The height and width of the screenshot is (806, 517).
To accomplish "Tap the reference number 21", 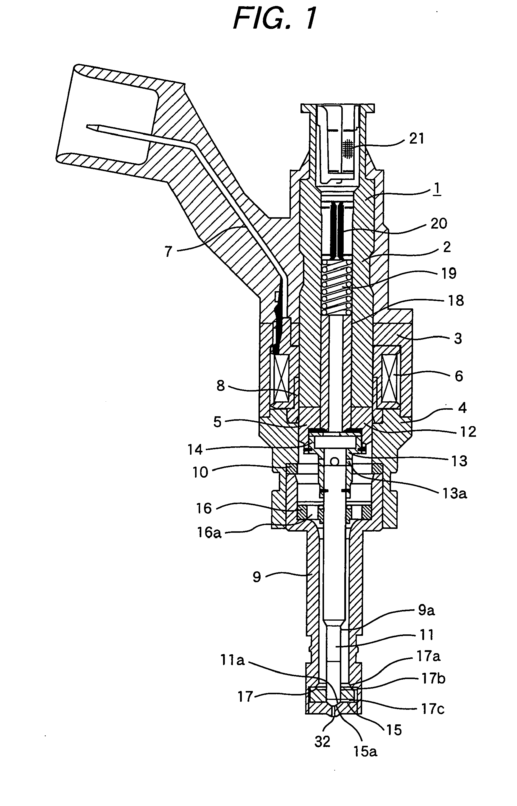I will pyautogui.click(x=416, y=138).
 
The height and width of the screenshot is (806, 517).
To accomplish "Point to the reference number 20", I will pyautogui.click(x=438, y=224).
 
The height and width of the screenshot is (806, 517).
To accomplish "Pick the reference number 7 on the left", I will pyautogui.click(x=168, y=251).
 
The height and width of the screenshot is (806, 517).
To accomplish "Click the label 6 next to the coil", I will pyautogui.click(x=459, y=376).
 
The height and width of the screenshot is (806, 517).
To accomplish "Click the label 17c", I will pyautogui.click(x=432, y=709).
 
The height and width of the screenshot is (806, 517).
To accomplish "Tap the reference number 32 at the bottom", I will pyautogui.click(x=322, y=742).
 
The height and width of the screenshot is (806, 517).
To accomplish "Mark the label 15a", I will pyautogui.click(x=365, y=751).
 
